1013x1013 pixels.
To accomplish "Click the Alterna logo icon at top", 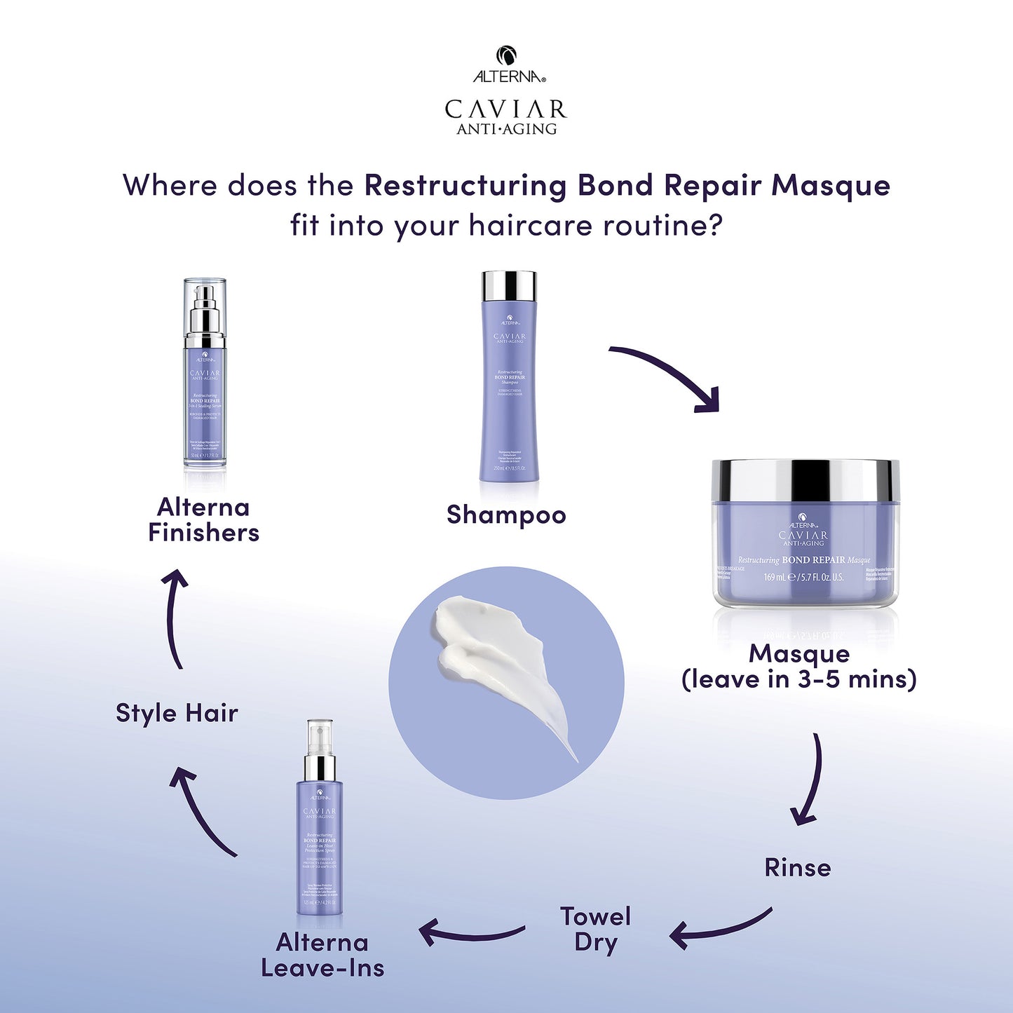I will click(506, 55).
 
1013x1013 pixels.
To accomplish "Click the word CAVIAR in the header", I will click(505, 109).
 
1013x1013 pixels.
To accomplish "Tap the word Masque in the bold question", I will click(831, 186).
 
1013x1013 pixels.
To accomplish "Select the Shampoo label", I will click(506, 515).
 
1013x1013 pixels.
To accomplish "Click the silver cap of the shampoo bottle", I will click(509, 285).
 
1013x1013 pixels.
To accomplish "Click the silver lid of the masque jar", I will click(805, 480).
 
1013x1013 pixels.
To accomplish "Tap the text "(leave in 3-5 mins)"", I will click(799, 679).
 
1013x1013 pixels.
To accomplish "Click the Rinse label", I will click(798, 868).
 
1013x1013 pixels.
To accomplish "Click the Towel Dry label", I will click(595, 929).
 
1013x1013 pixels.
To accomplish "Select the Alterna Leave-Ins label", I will click(322, 955).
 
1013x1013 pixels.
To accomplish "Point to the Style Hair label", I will click(177, 713).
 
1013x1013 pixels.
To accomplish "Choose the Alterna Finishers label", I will click(203, 519).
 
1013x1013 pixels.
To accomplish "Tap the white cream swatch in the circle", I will click(491, 652).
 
